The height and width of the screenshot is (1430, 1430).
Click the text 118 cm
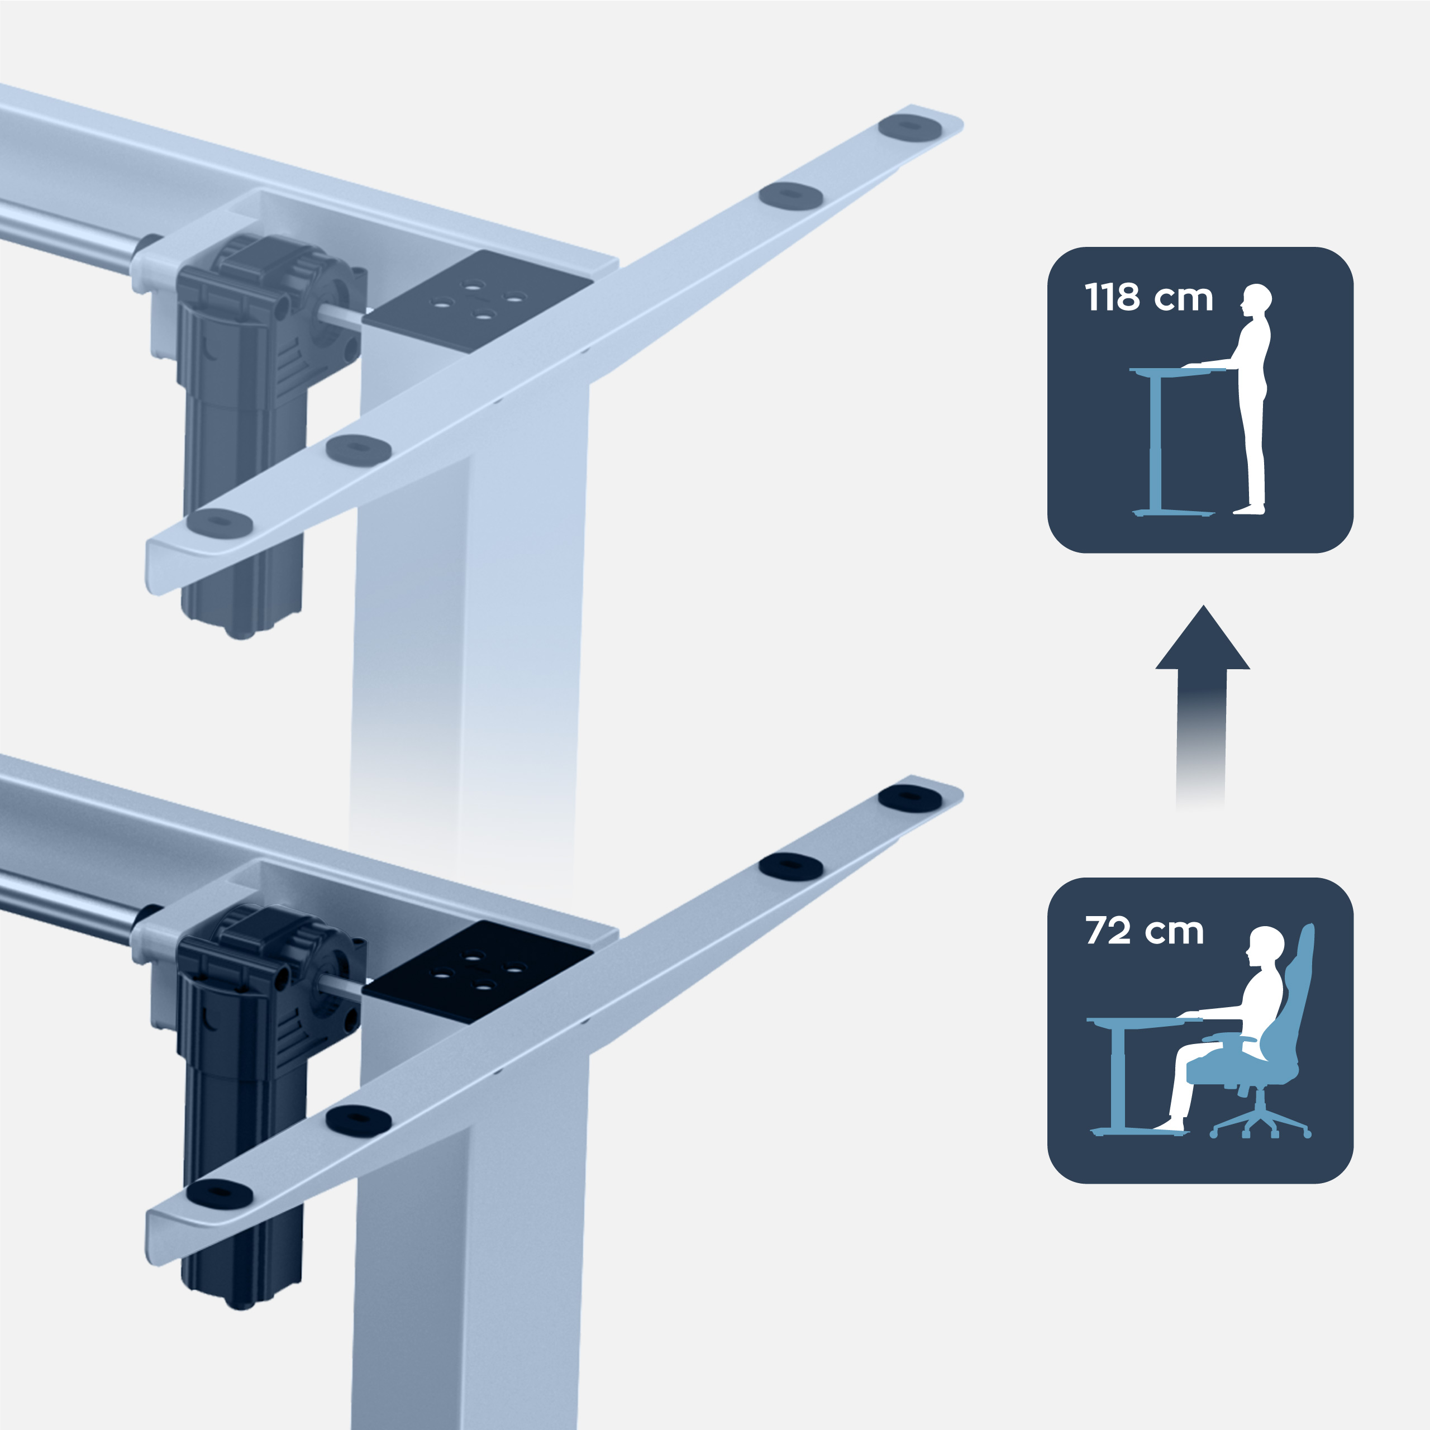pyautogui.click(x=1148, y=298)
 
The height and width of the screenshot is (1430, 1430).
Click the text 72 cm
pyautogui.click(x=1145, y=931)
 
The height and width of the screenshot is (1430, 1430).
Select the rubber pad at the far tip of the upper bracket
pyautogui.click(x=911, y=127)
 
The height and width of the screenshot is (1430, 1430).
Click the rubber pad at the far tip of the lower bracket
pyautogui.click(x=911, y=798)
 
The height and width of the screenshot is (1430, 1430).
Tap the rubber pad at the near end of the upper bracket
pyautogui.click(x=219, y=522)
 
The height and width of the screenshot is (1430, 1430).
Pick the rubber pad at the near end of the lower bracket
pyautogui.click(x=219, y=1193)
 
